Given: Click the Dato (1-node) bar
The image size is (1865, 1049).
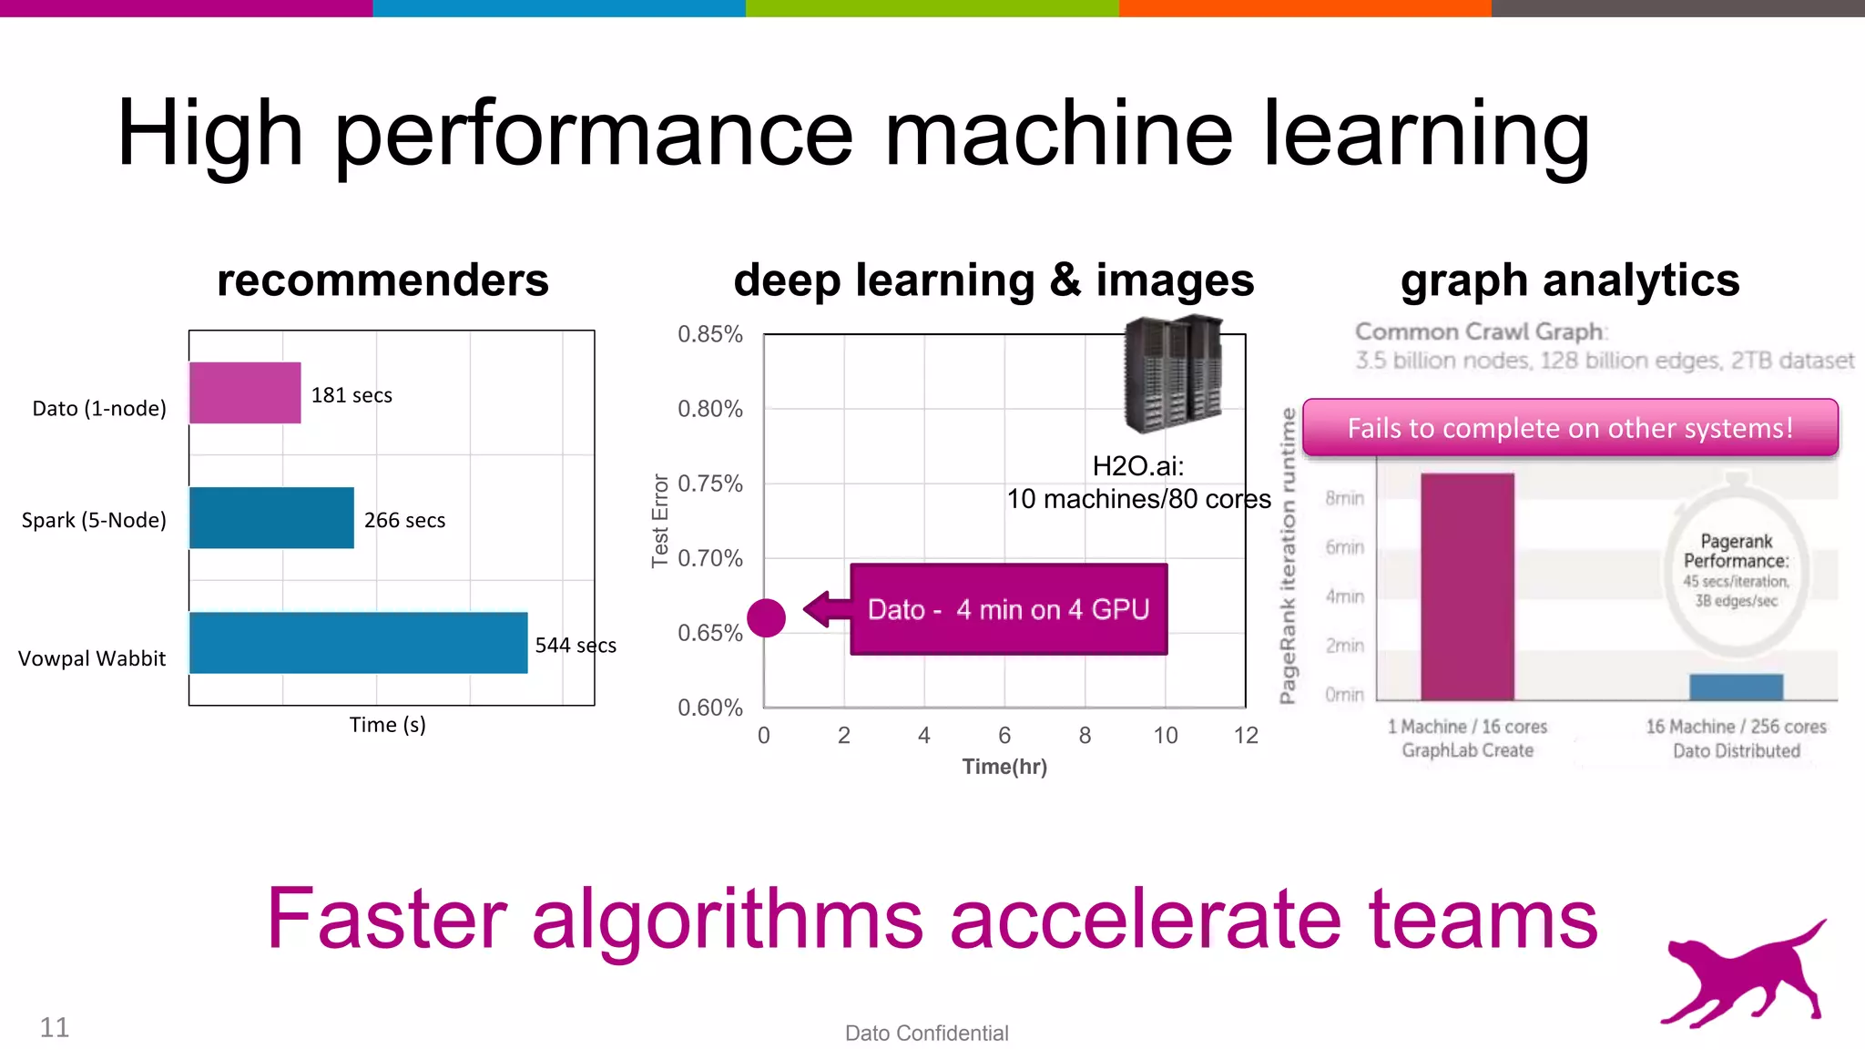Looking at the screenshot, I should tap(245, 392).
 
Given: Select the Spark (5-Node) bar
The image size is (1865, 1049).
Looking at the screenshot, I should tap(271, 518).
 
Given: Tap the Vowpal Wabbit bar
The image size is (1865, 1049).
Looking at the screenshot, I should tap(358, 643).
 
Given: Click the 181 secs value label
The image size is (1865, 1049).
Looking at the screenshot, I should tap(352, 395).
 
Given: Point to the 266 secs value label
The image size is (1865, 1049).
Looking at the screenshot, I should tap(404, 520).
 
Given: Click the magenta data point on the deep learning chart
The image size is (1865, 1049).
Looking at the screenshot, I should tap(766, 618).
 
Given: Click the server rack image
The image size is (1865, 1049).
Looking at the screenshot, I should tap(1173, 374).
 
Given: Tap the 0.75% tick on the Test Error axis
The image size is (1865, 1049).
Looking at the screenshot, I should tap(709, 484).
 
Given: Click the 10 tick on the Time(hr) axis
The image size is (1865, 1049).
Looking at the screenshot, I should tap(1165, 736).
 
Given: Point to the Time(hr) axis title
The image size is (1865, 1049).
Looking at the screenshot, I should tap(1004, 767).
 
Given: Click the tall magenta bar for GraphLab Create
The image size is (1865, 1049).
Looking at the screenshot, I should tap(1467, 586).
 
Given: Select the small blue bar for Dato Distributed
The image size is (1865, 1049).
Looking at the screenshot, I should tap(1736, 687).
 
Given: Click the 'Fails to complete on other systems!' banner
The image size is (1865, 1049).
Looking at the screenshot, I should tap(1570, 427).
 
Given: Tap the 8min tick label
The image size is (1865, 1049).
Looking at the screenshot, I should tap(1344, 498).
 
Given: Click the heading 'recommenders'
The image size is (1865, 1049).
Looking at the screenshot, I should tap(382, 280).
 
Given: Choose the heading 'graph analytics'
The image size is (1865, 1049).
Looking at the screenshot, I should tap(1570, 280).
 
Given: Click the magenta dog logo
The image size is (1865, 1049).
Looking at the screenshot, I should tap(1744, 975).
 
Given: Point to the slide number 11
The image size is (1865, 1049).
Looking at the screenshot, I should tap(55, 1027).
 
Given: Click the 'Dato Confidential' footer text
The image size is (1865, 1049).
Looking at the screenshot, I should tap(926, 1033).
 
